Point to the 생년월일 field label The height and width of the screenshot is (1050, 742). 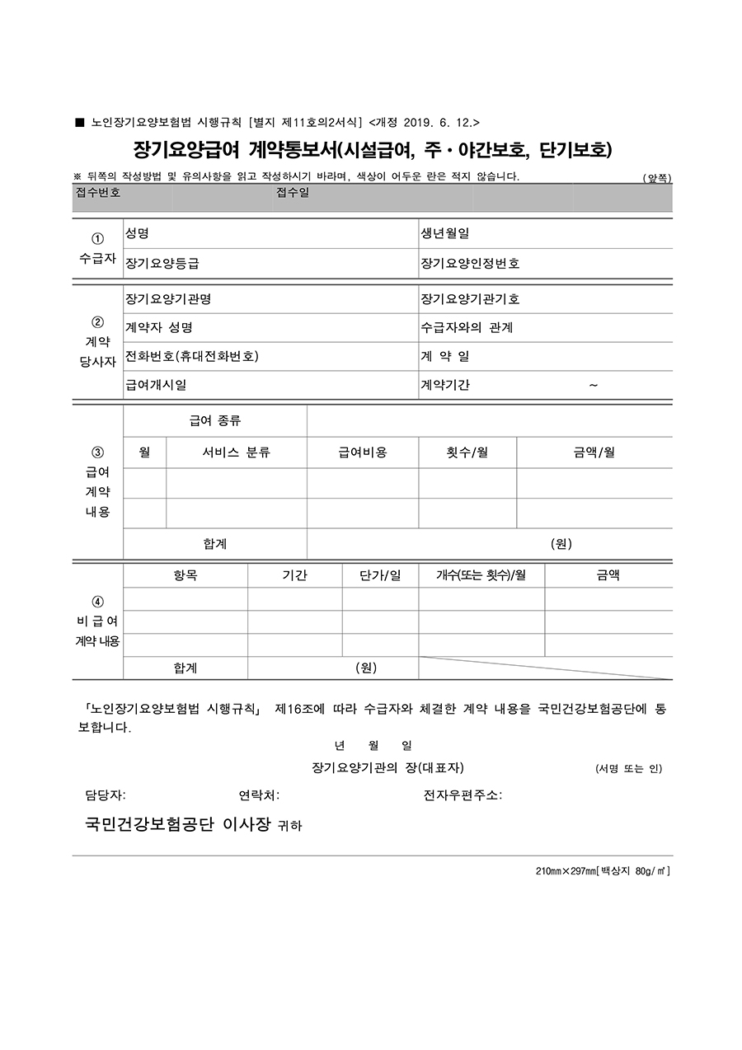pos(445,234)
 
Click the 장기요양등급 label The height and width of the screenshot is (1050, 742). pos(162,264)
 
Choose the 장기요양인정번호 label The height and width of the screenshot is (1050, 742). pos(470,264)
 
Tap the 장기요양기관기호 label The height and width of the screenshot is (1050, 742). pos(470,299)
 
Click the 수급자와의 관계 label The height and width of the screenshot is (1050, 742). pos(467,328)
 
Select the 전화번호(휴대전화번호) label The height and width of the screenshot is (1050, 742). pos(192,357)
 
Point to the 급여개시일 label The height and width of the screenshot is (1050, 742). pos(156,385)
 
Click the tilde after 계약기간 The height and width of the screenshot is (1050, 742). pos(594,385)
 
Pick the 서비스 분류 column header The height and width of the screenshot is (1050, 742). pos(236,452)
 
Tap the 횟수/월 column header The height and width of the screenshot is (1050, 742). pos(467,452)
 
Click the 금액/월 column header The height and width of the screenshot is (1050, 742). pos(594,452)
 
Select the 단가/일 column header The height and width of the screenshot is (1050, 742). pos(380,575)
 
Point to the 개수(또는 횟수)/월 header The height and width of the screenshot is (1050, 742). pos(481,575)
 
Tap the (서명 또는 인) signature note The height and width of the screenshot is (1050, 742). pos(628,769)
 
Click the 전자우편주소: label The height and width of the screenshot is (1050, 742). pos(463,795)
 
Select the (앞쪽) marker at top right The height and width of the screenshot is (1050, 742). pos(657,178)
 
